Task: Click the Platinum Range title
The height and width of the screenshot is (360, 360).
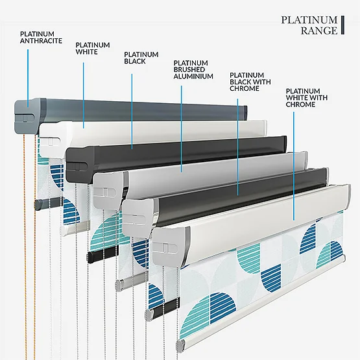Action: click(x=309, y=25)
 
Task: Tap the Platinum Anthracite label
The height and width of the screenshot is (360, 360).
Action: click(x=41, y=38)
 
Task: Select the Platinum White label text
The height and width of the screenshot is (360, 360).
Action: click(x=93, y=49)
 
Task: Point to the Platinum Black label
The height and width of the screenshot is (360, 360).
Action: click(x=141, y=58)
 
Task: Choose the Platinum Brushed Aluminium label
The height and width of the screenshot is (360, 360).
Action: click(x=193, y=69)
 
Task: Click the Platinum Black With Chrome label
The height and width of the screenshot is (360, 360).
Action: click(x=250, y=82)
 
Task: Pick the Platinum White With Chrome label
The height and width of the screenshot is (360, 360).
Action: click(x=307, y=98)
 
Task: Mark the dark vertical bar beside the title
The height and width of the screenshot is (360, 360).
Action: click(x=342, y=25)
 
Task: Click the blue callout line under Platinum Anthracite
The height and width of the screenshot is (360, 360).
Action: click(x=28, y=78)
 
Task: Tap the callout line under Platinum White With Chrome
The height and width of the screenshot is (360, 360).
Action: click(x=294, y=166)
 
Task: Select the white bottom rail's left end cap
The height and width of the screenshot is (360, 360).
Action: click(x=181, y=345)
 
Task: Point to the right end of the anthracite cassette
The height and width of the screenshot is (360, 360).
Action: click(x=245, y=112)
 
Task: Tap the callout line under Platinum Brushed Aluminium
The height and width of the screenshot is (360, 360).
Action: click(x=182, y=129)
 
